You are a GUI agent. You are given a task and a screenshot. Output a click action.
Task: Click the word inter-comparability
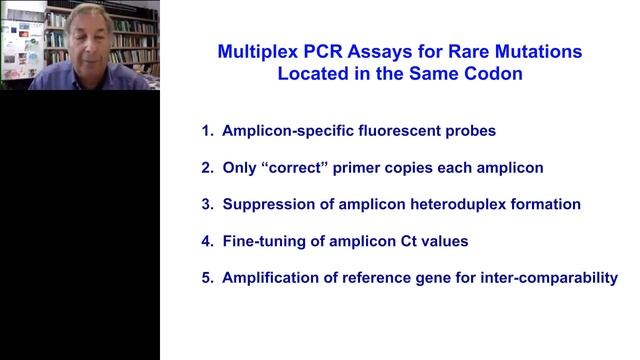(x=541, y=278)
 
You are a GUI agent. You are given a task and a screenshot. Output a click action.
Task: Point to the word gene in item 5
(x=440, y=278)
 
